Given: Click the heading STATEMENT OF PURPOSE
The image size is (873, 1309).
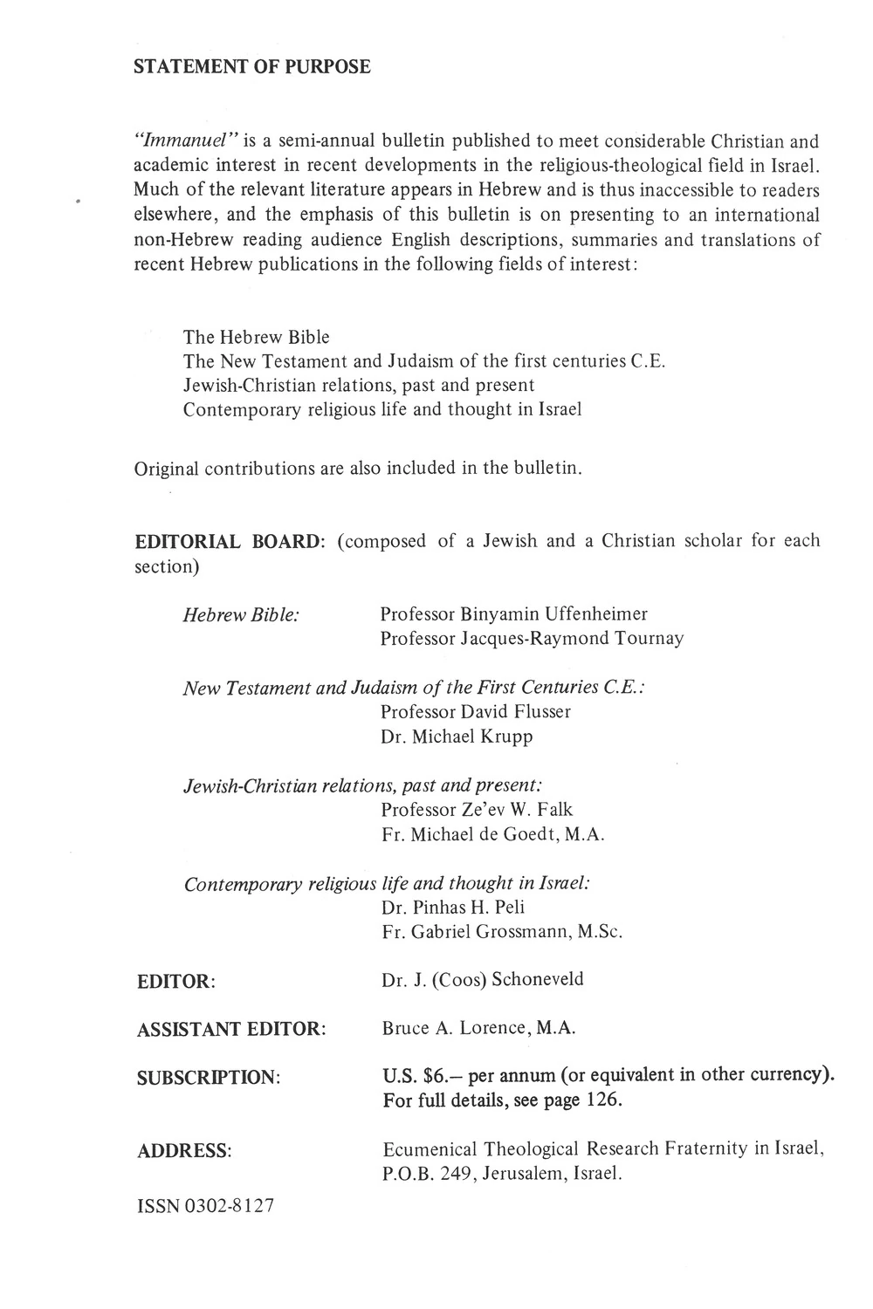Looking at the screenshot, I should (x=251, y=67).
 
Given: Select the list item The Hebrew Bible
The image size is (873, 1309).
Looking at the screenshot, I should (x=256, y=337).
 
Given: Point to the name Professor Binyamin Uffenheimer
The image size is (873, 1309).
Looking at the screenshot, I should (x=513, y=614).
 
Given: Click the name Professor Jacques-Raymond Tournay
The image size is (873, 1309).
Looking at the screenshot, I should (x=532, y=639).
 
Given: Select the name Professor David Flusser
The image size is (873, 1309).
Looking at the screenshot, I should (x=476, y=711).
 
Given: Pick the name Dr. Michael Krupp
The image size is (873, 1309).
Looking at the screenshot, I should (x=457, y=737).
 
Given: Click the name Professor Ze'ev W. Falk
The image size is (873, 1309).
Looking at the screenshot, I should (x=477, y=810).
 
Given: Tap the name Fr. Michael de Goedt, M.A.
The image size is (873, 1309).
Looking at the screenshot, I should (x=493, y=834).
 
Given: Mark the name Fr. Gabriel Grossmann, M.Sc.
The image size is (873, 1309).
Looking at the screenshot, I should (x=502, y=932).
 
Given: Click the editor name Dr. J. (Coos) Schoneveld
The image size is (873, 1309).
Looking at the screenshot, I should (x=483, y=979).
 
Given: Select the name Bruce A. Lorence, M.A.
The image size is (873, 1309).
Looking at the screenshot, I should (x=478, y=1028).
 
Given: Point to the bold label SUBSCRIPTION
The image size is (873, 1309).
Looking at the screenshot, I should (x=208, y=1078).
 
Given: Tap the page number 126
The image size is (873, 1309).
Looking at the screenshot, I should (x=603, y=1100).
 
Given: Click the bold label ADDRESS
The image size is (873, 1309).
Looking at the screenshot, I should (x=183, y=1151).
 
